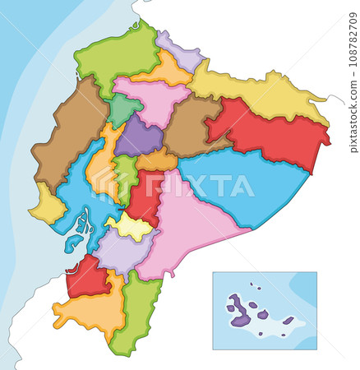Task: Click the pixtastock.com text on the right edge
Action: (x=353, y=115)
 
